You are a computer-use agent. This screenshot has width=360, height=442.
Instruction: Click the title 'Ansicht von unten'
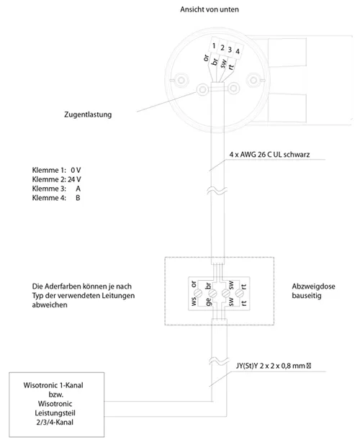(x=210, y=9)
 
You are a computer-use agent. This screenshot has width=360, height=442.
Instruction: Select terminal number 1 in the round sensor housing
(x=214, y=45)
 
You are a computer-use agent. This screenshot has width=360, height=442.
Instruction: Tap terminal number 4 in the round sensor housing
(x=238, y=51)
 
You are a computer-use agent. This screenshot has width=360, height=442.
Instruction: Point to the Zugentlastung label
(x=88, y=114)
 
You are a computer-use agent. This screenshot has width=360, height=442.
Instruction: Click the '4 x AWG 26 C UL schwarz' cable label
(x=269, y=155)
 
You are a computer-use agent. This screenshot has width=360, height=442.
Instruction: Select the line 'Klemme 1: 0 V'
(x=56, y=170)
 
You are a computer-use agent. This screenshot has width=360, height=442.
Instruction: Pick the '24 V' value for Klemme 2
(x=74, y=179)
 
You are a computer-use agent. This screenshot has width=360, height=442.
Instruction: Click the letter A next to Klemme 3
(x=78, y=189)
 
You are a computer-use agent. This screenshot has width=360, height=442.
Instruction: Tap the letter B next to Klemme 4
(x=78, y=198)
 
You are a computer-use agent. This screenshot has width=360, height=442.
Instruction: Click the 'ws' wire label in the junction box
(x=194, y=302)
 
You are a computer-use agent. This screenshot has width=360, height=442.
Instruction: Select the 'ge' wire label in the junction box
(x=209, y=302)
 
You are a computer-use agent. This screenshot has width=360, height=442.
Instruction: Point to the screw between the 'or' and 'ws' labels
(x=198, y=294)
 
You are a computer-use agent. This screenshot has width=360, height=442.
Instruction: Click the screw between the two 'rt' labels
(x=240, y=294)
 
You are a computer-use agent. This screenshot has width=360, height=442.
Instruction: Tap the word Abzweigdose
(x=313, y=287)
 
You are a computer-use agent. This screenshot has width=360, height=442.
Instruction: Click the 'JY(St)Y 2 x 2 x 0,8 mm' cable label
(x=270, y=366)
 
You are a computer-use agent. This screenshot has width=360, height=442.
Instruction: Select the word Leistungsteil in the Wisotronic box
(x=55, y=413)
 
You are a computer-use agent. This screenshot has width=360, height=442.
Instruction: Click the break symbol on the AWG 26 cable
(x=217, y=191)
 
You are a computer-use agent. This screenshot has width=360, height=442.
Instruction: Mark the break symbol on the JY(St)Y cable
(x=218, y=361)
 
